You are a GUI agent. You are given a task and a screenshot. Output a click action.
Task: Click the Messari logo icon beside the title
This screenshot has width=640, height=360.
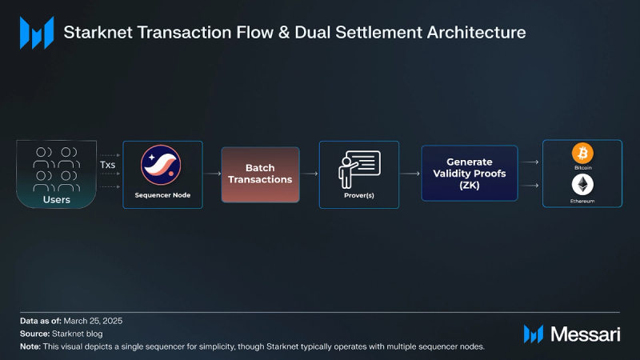pyautogui.click(x=37, y=33)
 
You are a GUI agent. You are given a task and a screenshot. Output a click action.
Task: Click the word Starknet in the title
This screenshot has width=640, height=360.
pyautogui.click(x=98, y=33)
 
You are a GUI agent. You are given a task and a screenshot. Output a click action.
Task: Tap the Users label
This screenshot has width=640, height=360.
pyautogui.click(x=56, y=199)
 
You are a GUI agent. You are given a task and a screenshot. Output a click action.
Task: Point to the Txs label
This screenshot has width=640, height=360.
pyautogui.click(x=107, y=165)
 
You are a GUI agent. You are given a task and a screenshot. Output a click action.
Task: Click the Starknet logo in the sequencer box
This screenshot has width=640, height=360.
pyautogui.click(x=161, y=165)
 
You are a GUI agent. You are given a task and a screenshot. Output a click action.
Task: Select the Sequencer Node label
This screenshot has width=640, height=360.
pyautogui.click(x=162, y=195)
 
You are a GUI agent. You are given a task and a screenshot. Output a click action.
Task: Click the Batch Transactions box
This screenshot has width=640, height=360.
pyautogui.click(x=261, y=174)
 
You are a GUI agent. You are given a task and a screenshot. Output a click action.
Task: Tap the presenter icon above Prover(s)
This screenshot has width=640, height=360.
pyautogui.click(x=359, y=169)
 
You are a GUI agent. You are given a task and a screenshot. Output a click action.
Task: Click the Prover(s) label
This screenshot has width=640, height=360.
pyautogui.click(x=359, y=195)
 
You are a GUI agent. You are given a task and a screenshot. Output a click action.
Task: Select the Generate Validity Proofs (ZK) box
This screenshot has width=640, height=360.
pyautogui.click(x=470, y=173)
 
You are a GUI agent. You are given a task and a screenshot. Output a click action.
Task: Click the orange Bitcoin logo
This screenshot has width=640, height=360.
pyautogui.click(x=582, y=153)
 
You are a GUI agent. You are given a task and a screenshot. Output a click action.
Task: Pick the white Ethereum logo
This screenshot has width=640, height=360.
pyautogui.click(x=582, y=185)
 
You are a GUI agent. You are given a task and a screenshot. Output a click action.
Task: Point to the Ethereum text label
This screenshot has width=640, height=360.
pyautogui.click(x=582, y=202)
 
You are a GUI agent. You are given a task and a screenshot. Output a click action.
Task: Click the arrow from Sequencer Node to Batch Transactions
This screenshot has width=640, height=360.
pyautogui.click(x=212, y=174)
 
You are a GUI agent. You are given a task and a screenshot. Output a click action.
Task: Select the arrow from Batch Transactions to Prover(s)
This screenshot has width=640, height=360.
pyautogui.click(x=310, y=174)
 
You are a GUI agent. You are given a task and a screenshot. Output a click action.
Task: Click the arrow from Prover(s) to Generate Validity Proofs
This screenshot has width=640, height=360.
pyautogui.click(x=410, y=174)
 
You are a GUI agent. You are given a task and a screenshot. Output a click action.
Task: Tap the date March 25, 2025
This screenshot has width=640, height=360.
pyautogui.click(x=93, y=321)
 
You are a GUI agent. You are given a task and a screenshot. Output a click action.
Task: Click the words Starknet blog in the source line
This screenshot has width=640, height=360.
pyautogui.click(x=77, y=334)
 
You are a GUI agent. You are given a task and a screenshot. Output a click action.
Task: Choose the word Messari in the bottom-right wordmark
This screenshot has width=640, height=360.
pyautogui.click(x=586, y=334)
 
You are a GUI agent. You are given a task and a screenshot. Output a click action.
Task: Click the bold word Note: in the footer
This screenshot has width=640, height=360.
pyautogui.click(x=30, y=346)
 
